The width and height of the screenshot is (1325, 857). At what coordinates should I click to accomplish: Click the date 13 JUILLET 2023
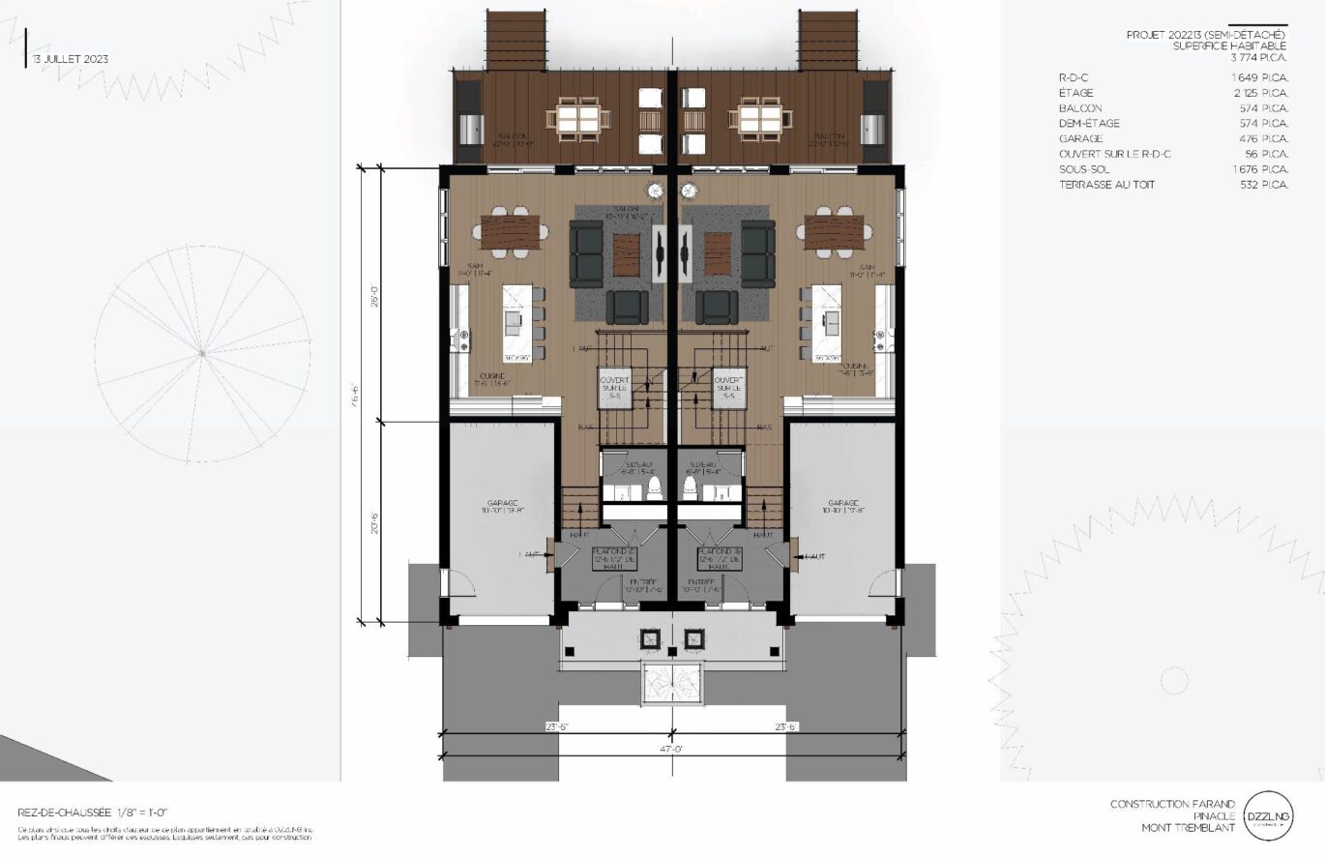click(x=70, y=59)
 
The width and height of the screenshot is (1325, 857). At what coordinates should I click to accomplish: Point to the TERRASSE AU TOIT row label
click(x=1106, y=185)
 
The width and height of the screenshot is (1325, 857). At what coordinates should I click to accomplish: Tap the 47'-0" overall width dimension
click(x=674, y=749)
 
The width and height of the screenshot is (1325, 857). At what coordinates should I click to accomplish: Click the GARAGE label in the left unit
click(x=503, y=504)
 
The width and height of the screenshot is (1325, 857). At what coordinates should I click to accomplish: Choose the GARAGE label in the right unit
click(x=844, y=504)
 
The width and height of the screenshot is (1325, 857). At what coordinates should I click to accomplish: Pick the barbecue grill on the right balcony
click(x=877, y=127)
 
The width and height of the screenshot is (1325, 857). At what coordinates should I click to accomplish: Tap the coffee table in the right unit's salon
click(x=717, y=252)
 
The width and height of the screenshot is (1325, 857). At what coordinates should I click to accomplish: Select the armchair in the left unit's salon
click(x=627, y=307)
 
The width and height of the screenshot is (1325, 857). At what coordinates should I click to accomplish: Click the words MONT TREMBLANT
click(x=1188, y=828)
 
